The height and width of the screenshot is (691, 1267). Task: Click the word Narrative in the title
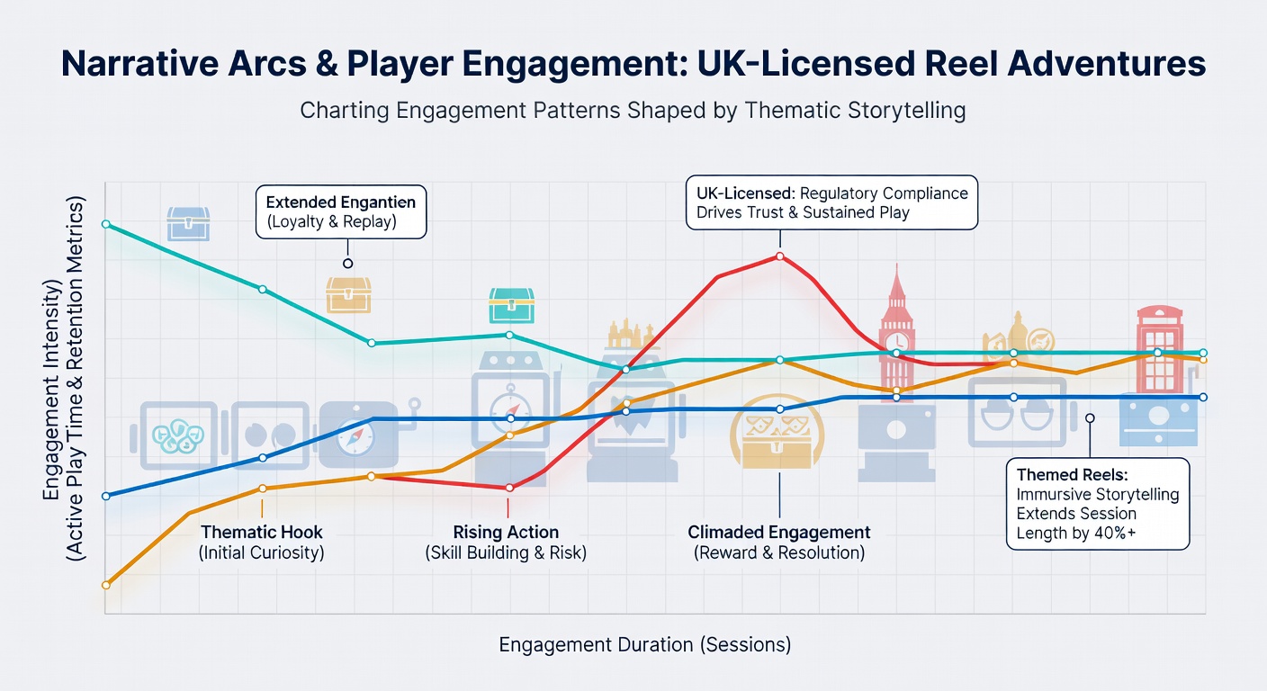[139, 63]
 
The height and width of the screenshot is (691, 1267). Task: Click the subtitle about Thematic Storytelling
[633, 110]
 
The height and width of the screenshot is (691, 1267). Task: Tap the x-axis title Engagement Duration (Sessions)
[645, 644]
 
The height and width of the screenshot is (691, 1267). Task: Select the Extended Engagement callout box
[341, 211]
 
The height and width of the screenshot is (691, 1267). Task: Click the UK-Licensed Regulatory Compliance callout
[832, 202]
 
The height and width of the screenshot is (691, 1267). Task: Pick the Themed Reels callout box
[1098, 503]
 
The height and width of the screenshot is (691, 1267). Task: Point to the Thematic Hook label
[261, 542]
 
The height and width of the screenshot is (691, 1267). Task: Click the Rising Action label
[506, 542]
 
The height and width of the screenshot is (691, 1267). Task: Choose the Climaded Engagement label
[779, 542]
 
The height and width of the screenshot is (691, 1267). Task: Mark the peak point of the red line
[780, 256]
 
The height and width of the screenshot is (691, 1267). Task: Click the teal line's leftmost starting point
[106, 225]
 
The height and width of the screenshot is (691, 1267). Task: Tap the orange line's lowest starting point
[106, 585]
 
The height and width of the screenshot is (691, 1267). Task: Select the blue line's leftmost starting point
[106, 496]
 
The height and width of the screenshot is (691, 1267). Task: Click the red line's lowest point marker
[509, 488]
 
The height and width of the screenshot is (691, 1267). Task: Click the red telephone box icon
[1160, 349]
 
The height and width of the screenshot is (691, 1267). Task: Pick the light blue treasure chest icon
[188, 223]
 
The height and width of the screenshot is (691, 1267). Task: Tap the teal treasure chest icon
[511, 305]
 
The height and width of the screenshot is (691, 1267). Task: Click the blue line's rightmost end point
[1203, 398]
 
